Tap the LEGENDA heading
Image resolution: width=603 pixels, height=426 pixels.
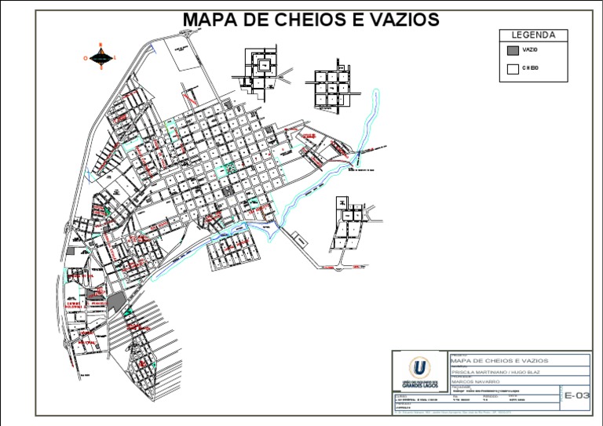coord(533,35)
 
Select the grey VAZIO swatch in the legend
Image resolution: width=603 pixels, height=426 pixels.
coord(512,50)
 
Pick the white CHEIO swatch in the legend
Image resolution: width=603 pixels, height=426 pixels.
coord(512,69)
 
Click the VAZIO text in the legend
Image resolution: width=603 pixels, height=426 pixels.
coord(530,50)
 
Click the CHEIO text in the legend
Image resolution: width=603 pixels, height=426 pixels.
coord(531,69)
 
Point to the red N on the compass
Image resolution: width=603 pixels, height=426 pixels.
coord(100,46)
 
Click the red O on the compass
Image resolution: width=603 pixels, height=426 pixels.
coord(85,57)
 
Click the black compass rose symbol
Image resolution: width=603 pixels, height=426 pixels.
coord(100,56)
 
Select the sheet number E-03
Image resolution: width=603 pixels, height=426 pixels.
coord(576,396)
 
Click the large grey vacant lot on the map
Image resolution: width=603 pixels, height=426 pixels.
coord(115,300)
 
